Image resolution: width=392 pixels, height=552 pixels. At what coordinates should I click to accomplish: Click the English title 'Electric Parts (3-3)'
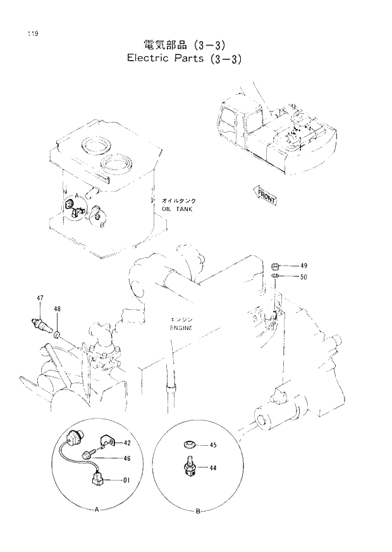point(185,58)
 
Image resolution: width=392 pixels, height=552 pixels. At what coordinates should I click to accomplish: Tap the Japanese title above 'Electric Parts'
point(184,44)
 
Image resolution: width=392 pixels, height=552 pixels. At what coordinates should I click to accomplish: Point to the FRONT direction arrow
point(266,196)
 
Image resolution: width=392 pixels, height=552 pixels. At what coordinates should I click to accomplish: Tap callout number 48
point(57,309)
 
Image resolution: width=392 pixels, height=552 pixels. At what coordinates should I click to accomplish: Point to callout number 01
point(126,480)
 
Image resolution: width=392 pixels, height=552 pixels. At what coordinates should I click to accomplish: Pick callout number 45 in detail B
point(212,446)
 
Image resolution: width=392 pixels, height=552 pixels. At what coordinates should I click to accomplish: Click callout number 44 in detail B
point(212,469)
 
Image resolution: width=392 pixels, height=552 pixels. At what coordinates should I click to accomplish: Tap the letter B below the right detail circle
point(197,510)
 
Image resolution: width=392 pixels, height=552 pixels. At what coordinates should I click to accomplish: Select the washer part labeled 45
point(189,445)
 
